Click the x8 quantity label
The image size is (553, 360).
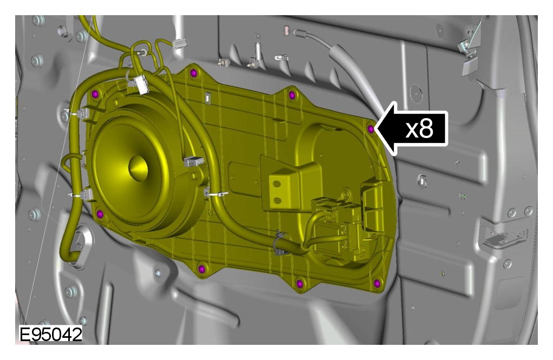(419, 129)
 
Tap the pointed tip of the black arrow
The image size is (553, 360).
(375, 129)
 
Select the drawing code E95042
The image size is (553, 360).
(51, 335)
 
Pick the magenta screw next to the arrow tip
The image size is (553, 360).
(370, 129)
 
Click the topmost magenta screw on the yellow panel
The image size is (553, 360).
(193, 73)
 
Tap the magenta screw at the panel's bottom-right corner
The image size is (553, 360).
(377, 283)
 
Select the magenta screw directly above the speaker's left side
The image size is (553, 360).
(95, 94)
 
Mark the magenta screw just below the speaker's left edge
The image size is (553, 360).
(100, 214)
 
